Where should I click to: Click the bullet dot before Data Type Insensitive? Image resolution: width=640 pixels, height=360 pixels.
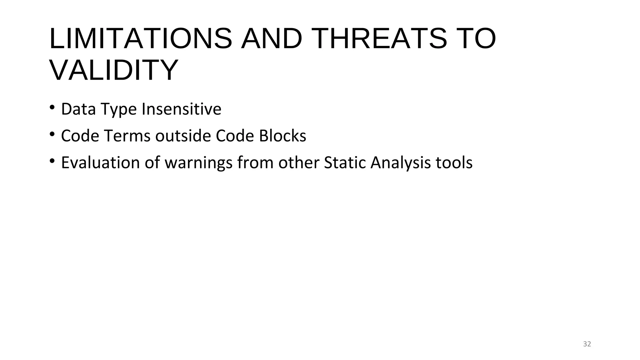[x=52, y=108]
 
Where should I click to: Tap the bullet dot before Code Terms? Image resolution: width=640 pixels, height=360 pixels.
[x=52, y=135]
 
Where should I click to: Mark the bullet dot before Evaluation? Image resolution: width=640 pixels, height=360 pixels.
[x=52, y=162]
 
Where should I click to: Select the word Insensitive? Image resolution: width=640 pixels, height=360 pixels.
[x=182, y=109]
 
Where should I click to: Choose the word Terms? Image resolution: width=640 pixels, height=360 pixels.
[x=127, y=136]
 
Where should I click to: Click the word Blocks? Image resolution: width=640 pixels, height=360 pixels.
[x=282, y=136]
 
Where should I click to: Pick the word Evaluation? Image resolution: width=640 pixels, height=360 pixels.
[x=100, y=163]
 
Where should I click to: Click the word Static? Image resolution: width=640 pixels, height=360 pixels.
[x=345, y=163]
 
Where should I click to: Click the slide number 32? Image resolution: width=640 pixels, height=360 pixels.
[x=587, y=344]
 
